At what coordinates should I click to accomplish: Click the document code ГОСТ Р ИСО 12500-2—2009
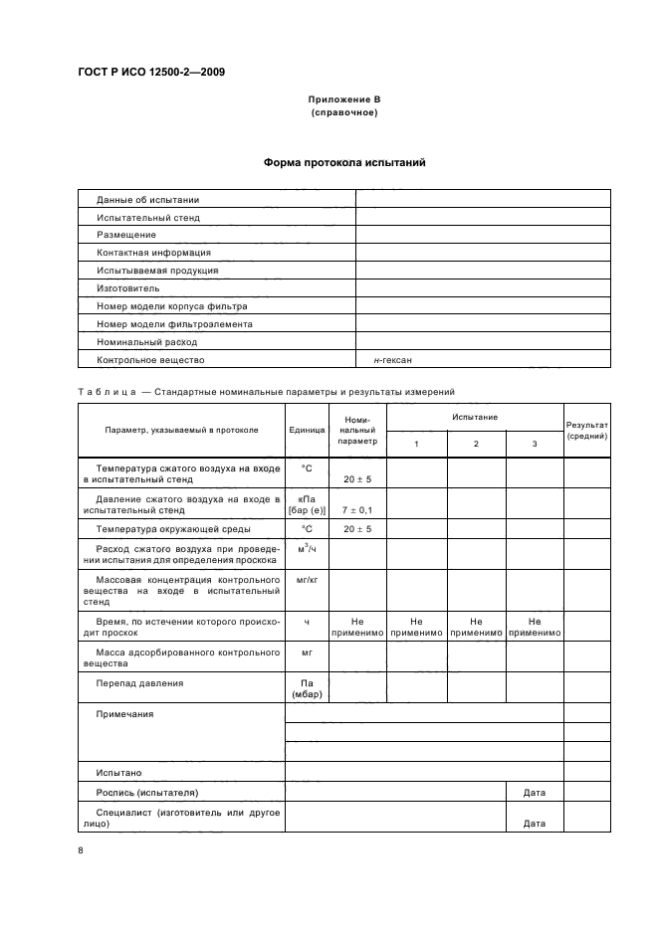(x=151, y=72)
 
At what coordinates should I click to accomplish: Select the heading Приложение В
(x=343, y=99)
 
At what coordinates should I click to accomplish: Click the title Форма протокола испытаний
(x=344, y=162)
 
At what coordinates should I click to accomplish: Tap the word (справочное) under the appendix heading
(x=343, y=112)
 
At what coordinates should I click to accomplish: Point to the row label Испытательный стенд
(x=147, y=217)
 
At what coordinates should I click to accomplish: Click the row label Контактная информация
(x=152, y=253)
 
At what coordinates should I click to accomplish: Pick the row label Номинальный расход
(x=146, y=342)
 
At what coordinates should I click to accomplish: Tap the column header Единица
(x=307, y=430)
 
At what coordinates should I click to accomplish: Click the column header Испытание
(x=475, y=417)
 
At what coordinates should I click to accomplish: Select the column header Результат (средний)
(x=587, y=430)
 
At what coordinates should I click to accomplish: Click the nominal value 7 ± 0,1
(x=356, y=509)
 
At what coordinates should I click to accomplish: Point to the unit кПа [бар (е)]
(x=307, y=503)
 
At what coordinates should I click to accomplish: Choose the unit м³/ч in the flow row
(x=307, y=549)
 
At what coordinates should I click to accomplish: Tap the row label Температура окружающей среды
(x=172, y=529)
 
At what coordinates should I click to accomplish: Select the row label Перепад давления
(x=139, y=683)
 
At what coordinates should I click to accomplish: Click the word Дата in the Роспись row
(x=534, y=793)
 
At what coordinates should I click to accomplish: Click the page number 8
(x=81, y=850)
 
